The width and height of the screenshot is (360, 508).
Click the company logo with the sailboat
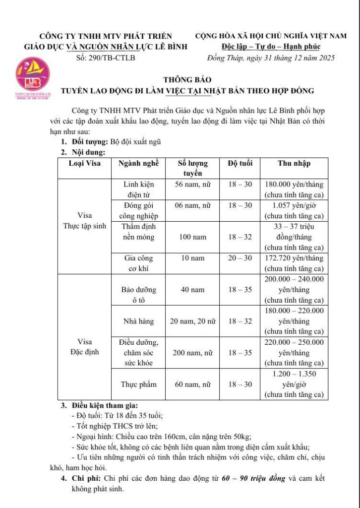pos(34,78)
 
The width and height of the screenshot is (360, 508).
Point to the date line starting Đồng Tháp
pos(271,58)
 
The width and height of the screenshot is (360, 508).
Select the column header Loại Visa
pos(84,163)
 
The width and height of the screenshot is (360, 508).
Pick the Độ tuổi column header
pos(240,163)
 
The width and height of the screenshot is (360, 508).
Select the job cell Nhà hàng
pos(138,321)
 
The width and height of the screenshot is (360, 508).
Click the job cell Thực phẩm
pos(138,384)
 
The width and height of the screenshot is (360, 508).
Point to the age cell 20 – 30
pos(240,258)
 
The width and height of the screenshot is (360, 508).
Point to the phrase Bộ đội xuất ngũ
pos(135,142)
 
